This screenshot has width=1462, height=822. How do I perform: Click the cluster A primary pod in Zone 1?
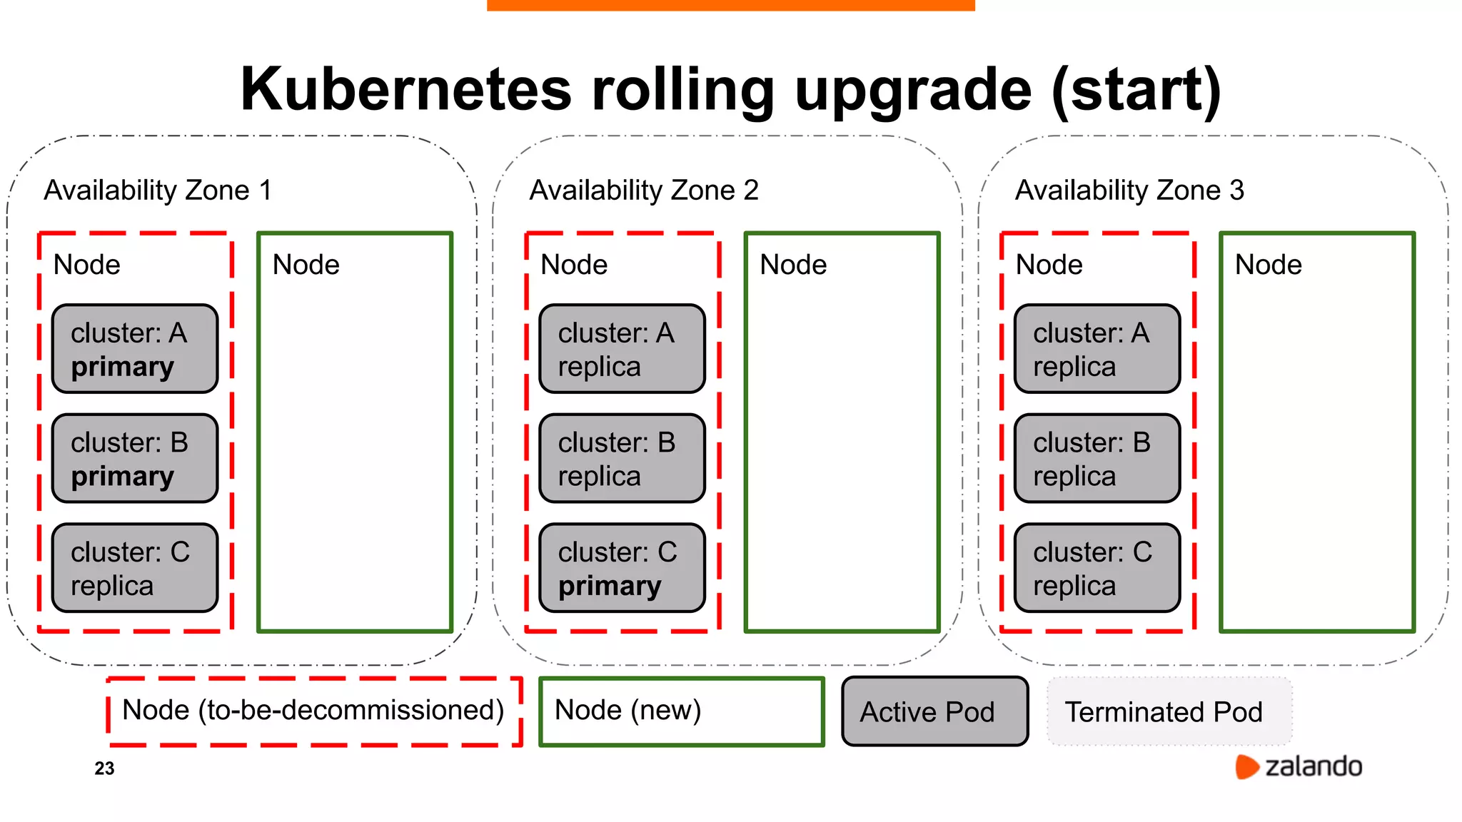coord(135,349)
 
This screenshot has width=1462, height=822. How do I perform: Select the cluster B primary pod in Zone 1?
coord(135,459)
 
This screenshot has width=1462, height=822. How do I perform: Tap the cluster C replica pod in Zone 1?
coord(135,568)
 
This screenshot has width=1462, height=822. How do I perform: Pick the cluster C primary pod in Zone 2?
coord(622,568)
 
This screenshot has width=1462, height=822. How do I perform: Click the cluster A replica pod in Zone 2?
coord(622,349)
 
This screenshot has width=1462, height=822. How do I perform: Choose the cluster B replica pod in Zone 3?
coord(1097,459)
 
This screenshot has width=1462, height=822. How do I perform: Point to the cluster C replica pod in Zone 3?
coord(1097,568)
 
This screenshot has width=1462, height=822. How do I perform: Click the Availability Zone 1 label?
coord(158,191)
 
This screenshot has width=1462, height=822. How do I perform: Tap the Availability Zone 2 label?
coord(644,191)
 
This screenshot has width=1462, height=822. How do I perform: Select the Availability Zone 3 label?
coord(1129,191)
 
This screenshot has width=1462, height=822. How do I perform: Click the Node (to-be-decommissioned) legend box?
coord(314,711)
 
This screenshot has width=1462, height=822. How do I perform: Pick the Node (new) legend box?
coord(682,711)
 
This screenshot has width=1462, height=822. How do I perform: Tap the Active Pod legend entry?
coord(934,711)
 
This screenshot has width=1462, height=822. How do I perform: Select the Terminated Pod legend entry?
coord(1169,711)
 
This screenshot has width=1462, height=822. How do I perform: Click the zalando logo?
coord(1299,766)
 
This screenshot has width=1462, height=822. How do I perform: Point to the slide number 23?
coord(104,768)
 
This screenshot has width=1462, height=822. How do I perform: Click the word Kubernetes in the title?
coord(406,90)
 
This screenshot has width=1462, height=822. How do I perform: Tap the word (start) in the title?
coord(1136,90)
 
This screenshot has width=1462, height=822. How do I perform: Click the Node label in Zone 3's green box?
coord(1269,265)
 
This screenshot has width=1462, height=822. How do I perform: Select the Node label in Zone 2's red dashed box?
coord(574,265)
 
